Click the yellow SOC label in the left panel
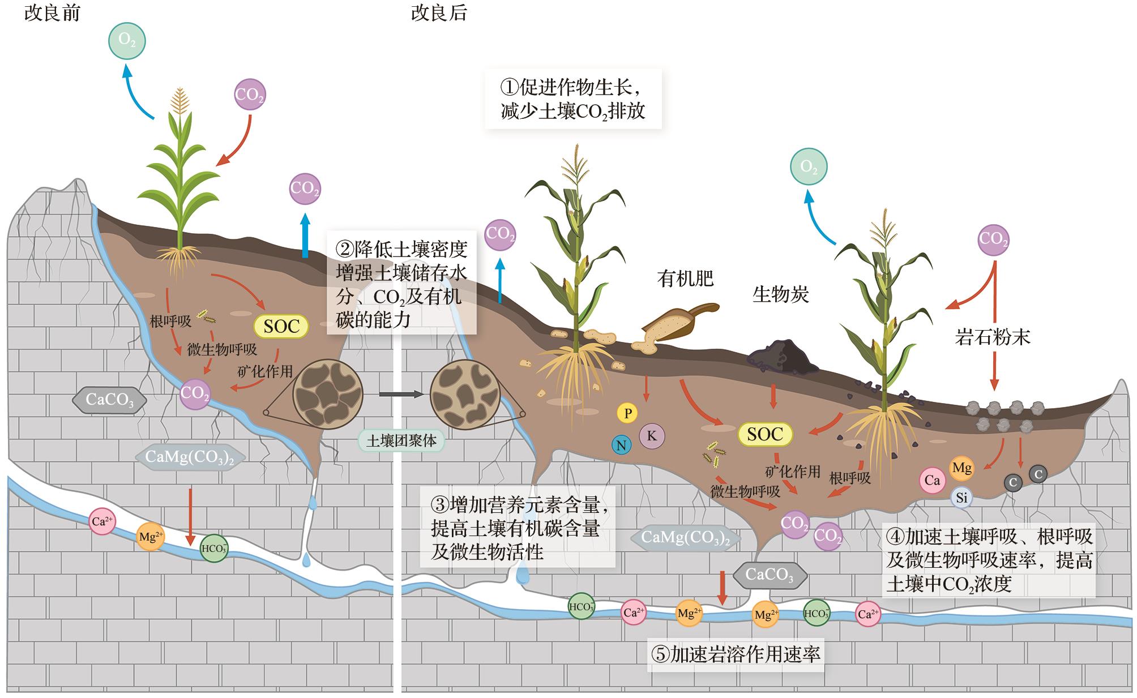(x=281, y=326)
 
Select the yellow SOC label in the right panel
(x=765, y=434)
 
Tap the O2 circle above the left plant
(x=127, y=41)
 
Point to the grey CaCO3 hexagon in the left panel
(x=110, y=400)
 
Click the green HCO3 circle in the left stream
(x=214, y=548)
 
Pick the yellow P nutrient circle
(x=627, y=413)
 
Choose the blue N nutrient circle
(x=621, y=445)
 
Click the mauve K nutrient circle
(x=652, y=435)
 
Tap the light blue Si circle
(x=961, y=498)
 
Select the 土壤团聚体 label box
(x=401, y=440)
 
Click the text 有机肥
(x=685, y=279)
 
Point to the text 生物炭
(x=780, y=294)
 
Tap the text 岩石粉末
(x=993, y=337)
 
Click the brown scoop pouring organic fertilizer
(x=679, y=323)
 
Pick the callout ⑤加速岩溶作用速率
(x=736, y=655)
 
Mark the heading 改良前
(x=52, y=13)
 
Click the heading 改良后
(x=439, y=13)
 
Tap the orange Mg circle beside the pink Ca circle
(x=962, y=468)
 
